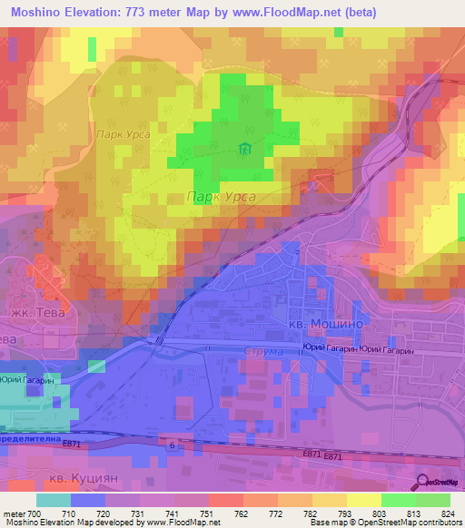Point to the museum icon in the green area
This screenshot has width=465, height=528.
click(243, 149)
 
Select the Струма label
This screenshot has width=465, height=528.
click(264, 350)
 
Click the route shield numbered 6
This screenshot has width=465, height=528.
click(170, 444)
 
